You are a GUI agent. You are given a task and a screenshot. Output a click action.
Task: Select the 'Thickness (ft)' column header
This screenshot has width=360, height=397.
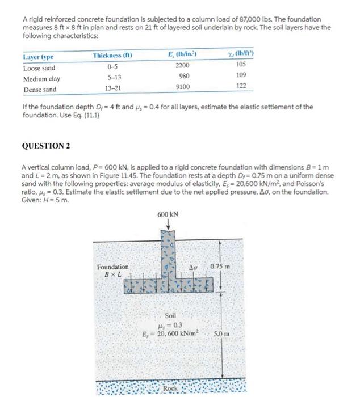(x=112, y=56)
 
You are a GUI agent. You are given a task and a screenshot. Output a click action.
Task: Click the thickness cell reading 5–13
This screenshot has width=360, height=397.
(x=112, y=78)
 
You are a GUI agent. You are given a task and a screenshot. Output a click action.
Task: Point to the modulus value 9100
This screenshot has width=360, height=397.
(x=183, y=87)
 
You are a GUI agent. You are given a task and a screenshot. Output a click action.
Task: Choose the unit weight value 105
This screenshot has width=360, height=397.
(x=242, y=65)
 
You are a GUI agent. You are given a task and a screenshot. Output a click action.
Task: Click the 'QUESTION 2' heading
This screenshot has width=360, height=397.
(x=45, y=146)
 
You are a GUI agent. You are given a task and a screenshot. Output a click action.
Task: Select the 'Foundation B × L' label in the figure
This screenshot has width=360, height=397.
(x=112, y=271)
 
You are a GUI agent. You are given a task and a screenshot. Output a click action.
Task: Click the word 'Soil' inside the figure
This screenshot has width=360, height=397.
(x=170, y=315)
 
